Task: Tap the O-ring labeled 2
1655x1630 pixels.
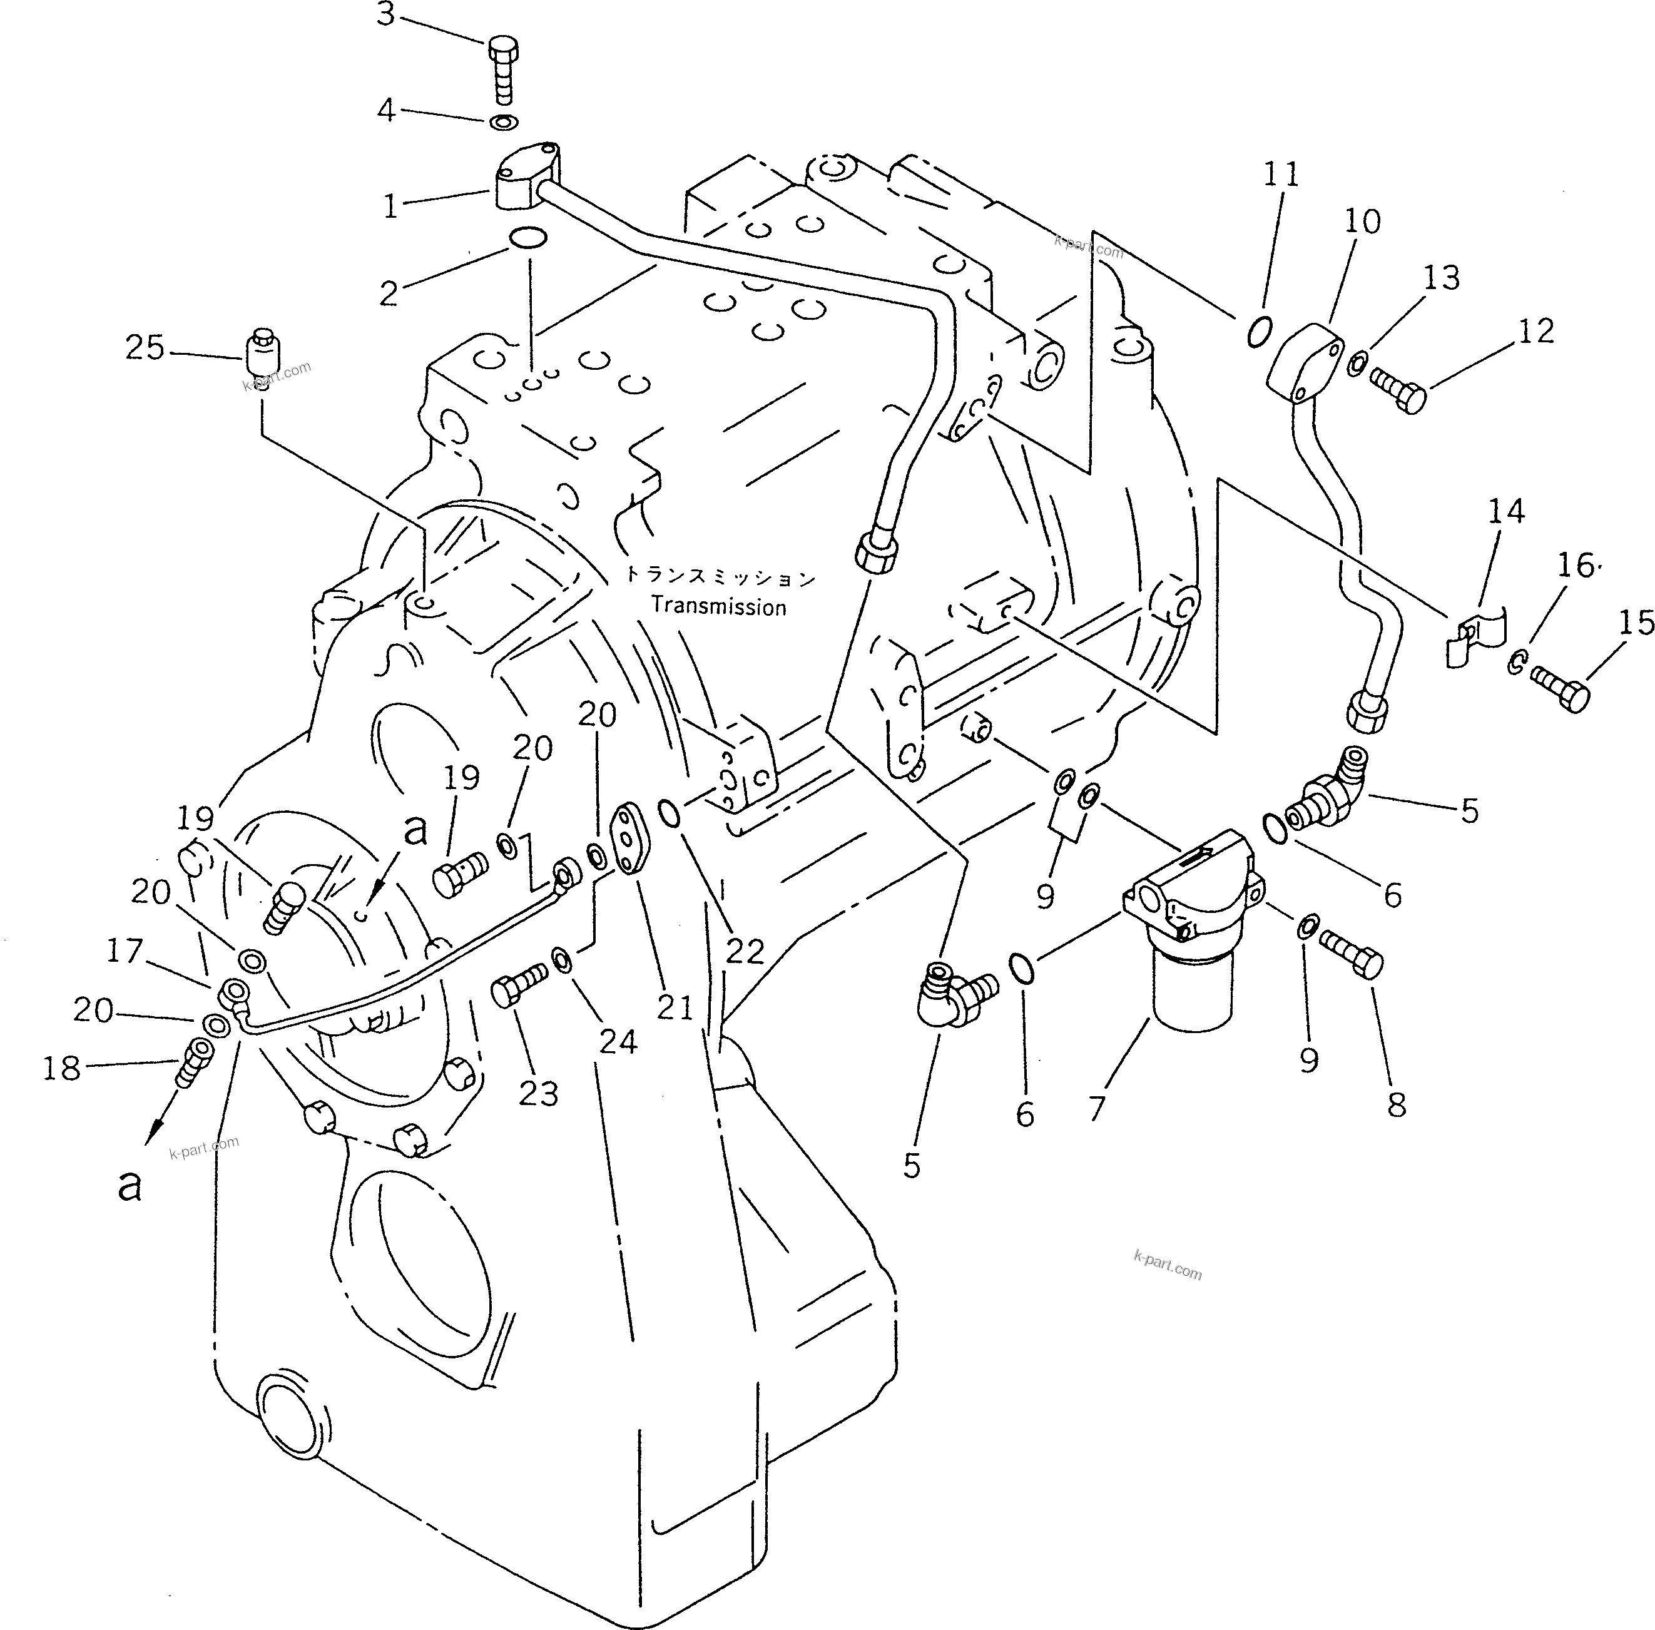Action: tap(526, 239)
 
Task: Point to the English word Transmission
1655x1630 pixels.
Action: tap(718, 607)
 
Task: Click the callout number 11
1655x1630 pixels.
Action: tap(1281, 175)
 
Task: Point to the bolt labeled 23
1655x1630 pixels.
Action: tap(518, 984)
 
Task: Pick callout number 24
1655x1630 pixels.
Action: tap(618, 1041)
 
